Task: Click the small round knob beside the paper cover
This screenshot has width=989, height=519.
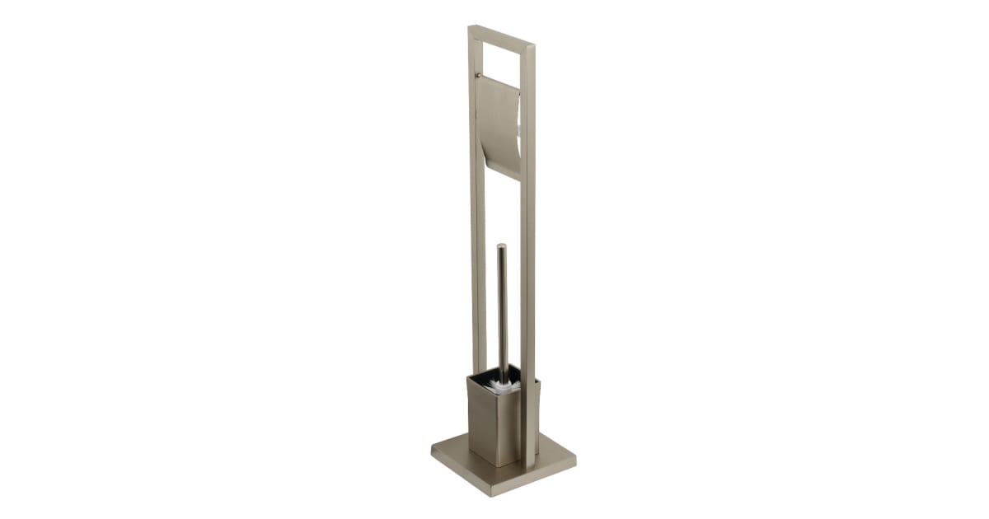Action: tap(477, 76)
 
